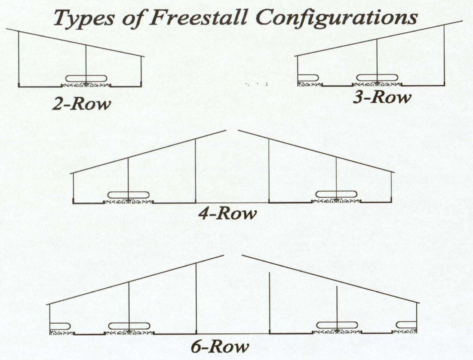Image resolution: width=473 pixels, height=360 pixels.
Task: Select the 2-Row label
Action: pos(81,105)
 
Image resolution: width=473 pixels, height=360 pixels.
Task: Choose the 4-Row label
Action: pos(227,214)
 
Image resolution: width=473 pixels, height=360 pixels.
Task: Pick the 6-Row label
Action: pos(220,347)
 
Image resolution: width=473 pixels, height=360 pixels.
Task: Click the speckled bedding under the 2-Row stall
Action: pos(86,85)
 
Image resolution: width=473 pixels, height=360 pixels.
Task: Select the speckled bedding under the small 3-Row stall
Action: pos(310,84)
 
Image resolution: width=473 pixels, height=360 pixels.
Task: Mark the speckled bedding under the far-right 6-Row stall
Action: pos(404,331)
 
